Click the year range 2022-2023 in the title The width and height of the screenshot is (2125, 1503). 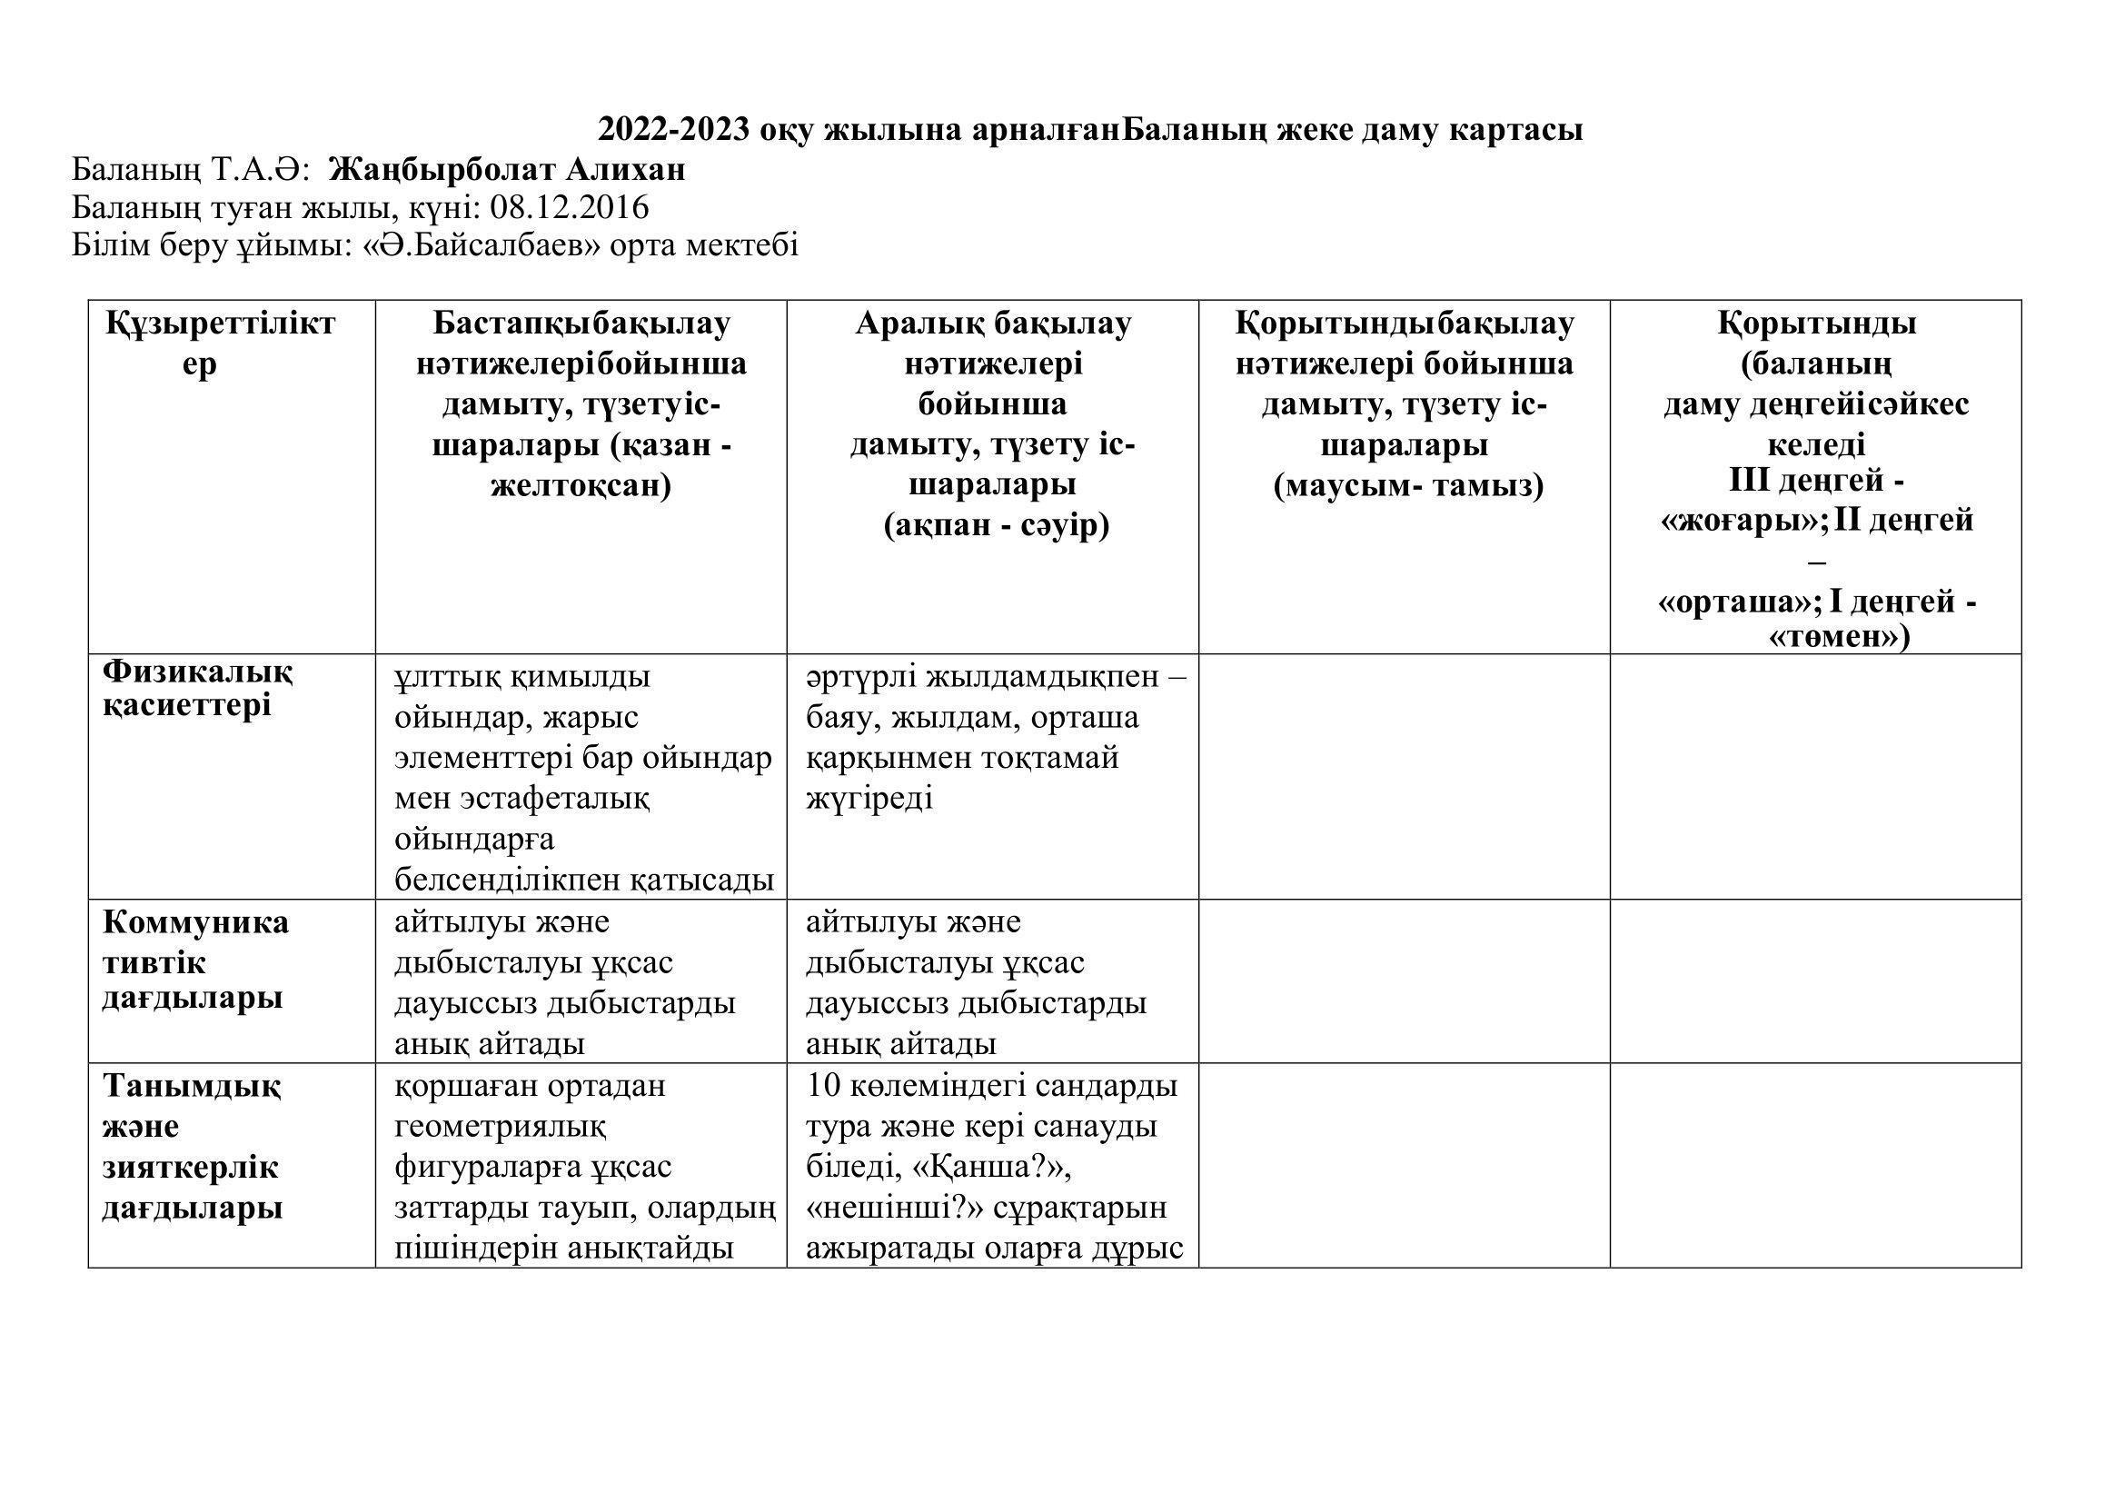point(674,130)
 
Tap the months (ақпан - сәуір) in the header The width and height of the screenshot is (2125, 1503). point(996,525)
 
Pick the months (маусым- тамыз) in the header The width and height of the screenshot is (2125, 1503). point(1407,486)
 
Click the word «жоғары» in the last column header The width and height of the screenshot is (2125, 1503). point(1741,521)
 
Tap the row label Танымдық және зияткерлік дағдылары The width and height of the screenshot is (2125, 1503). point(192,1147)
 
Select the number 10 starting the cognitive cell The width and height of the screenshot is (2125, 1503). point(822,1086)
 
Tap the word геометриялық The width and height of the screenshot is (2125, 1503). point(500,1126)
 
